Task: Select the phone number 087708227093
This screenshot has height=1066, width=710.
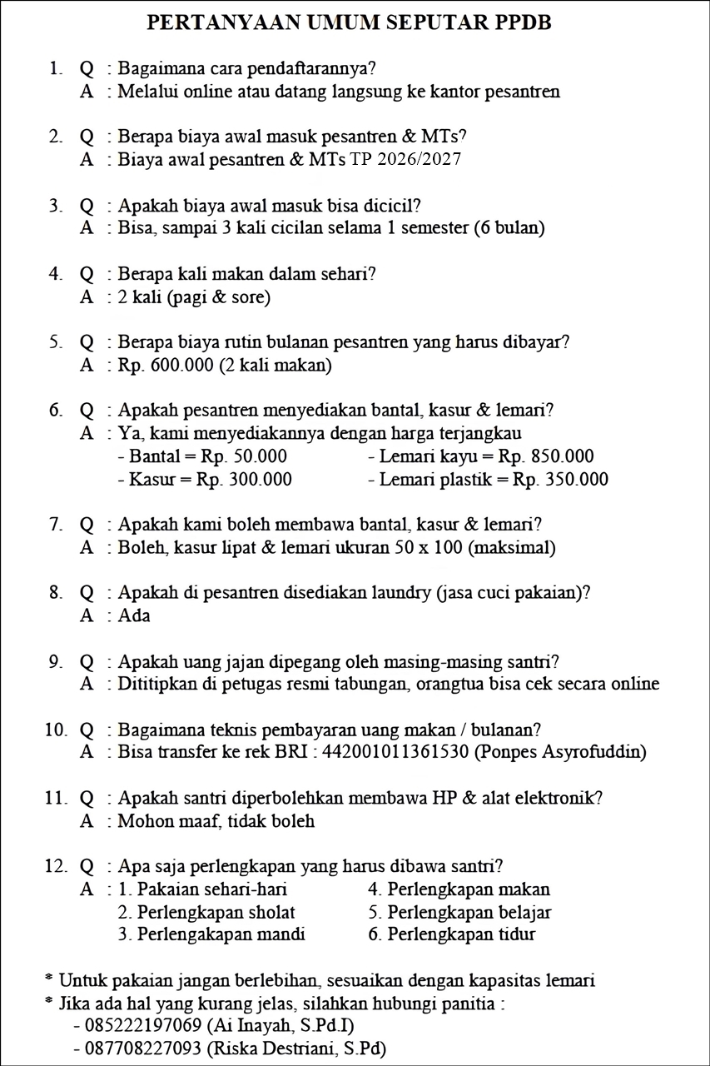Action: pos(137,1049)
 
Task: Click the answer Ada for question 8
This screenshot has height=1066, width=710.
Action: pos(134,616)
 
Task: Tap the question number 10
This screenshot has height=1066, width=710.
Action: pos(55,730)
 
